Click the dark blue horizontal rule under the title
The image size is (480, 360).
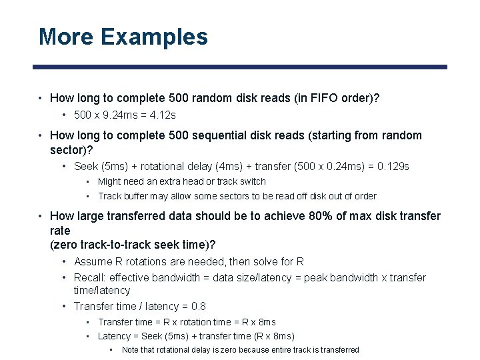pyautogui.click(x=240, y=67)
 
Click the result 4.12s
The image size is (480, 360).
pyautogui.click(x=162, y=115)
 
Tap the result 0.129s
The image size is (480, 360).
pyautogui.click(x=393, y=166)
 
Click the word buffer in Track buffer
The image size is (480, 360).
pyautogui.click(x=137, y=196)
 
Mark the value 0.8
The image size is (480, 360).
pyautogui.click(x=197, y=306)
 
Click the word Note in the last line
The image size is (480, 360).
pyautogui.click(x=132, y=349)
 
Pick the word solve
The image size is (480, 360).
pyautogui.click(x=255, y=261)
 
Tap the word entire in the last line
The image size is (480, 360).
pyautogui.click(x=273, y=349)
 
